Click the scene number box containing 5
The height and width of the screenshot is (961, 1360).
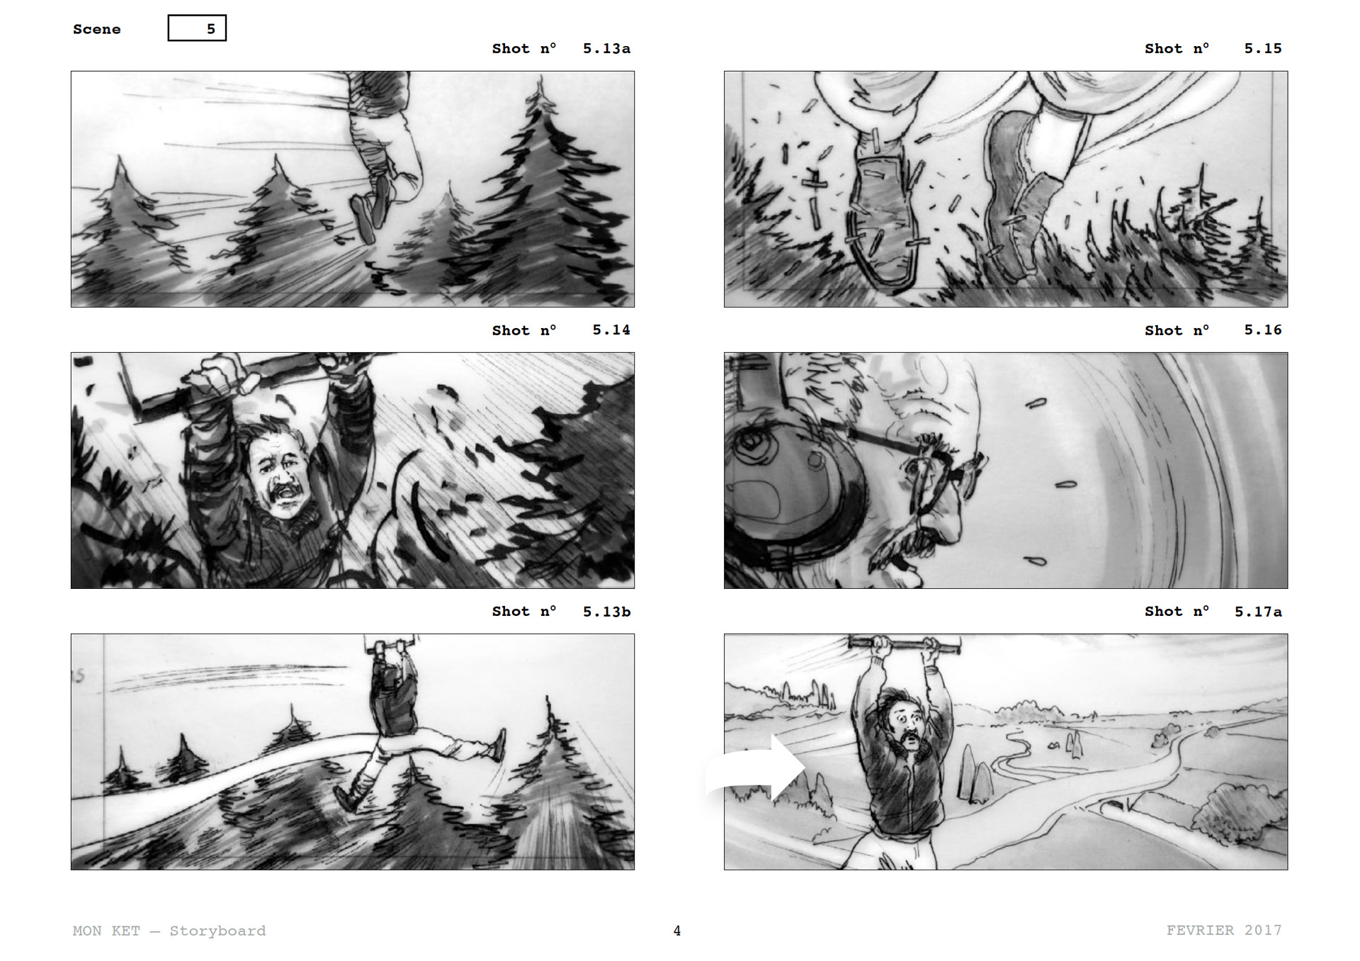(x=197, y=28)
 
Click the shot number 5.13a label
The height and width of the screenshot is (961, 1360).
(x=561, y=48)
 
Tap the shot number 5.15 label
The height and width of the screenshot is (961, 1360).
(x=1213, y=48)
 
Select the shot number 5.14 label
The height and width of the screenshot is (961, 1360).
(x=561, y=330)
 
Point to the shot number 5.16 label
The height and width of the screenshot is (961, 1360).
(x=1213, y=330)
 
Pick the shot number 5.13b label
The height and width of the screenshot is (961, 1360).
(x=561, y=611)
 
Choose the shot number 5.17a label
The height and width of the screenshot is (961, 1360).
(x=1213, y=611)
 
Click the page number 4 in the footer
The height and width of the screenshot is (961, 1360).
(x=677, y=931)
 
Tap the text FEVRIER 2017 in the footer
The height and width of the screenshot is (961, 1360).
(x=1224, y=930)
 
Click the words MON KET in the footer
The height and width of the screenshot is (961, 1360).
(x=106, y=931)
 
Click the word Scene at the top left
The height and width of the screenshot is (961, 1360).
(x=97, y=29)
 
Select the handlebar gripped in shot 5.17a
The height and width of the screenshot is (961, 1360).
(x=905, y=644)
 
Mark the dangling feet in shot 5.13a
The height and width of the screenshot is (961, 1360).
(x=372, y=206)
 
